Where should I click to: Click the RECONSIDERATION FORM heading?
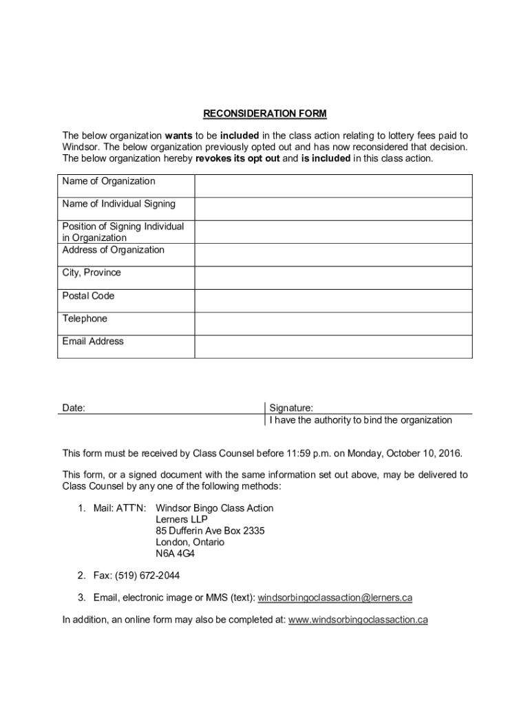pos(265,114)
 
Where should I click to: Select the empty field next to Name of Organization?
pos(333,186)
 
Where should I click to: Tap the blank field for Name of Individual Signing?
pos(333,209)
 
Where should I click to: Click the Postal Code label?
pos(88,296)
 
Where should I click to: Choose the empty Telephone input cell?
pos(333,324)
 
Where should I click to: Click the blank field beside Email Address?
pos(333,346)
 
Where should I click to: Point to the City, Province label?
pos(92,273)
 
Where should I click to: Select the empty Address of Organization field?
pos(333,255)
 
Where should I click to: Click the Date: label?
pos(74,408)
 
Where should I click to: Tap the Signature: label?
pos(291,408)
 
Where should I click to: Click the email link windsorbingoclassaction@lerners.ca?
pos(335,598)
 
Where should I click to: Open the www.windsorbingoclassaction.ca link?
pos(358,620)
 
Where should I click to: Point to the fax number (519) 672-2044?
pos(140,576)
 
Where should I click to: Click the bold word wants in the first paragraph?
pos(178,136)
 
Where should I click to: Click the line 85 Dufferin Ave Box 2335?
pos(210,531)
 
